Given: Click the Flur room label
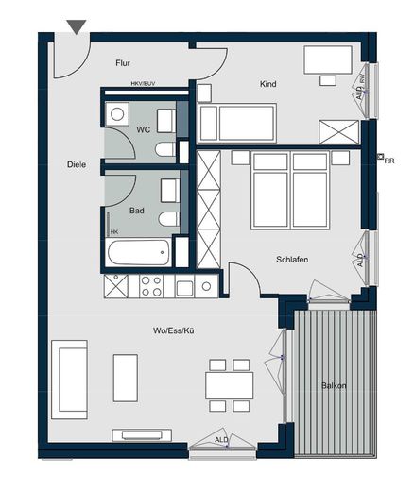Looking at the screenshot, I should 122,63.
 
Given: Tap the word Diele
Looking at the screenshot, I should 78,164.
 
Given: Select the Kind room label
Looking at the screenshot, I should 268,84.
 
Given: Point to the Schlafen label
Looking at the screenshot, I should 293,259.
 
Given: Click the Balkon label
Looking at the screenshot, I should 333,385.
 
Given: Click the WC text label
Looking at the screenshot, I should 144,129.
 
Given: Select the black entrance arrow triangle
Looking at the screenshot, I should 77,27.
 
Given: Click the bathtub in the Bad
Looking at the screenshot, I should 139,252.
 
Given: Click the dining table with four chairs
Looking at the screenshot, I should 229,385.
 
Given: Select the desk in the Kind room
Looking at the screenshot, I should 328,60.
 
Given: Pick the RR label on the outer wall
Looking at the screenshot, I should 388,161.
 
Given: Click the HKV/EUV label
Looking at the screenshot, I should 143,83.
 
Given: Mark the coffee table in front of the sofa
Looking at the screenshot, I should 126,378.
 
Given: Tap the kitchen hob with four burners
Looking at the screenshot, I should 151,286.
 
